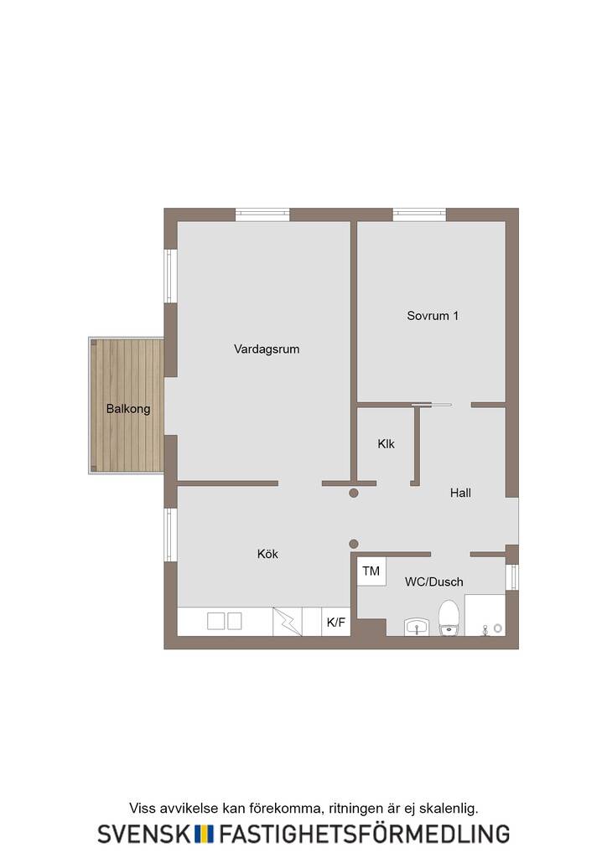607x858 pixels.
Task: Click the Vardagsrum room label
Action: [267, 349]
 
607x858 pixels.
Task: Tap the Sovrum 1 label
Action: [433, 316]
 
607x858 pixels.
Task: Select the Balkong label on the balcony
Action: [128, 409]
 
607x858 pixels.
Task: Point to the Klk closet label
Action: [386, 444]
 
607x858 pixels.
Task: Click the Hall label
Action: [460, 493]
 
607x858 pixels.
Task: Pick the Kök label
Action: [267, 554]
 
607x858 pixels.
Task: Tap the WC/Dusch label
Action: [434, 581]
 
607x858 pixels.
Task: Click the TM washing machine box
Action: [371, 571]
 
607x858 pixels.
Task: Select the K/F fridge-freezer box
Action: [336, 622]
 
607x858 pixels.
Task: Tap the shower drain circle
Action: [497, 628]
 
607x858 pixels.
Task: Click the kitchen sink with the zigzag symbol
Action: [288, 622]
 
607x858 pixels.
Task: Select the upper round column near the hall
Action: [354, 493]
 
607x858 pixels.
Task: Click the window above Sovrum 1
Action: [419, 214]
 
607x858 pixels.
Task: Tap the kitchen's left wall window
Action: [171, 535]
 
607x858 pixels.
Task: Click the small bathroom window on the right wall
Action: [511, 577]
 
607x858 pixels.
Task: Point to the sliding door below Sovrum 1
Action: [431, 405]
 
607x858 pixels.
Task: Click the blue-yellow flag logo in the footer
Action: [205, 834]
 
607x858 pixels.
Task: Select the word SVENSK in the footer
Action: [144, 834]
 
